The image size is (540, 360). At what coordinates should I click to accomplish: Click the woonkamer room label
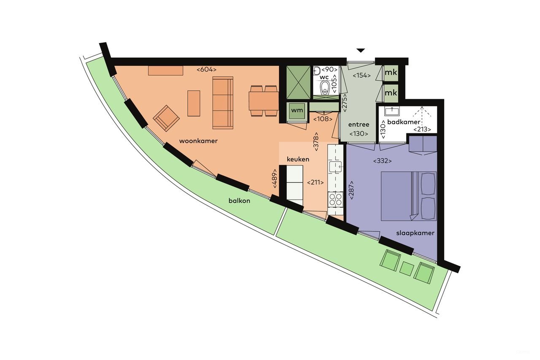pos(198,141)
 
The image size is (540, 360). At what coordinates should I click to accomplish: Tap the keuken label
pos(298,160)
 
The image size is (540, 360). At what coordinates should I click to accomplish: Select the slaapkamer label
pos(415,233)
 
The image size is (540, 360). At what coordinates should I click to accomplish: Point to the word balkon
pos(239,201)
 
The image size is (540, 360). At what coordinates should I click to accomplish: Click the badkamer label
pos(404,122)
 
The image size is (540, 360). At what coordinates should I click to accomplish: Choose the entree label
pos(359,125)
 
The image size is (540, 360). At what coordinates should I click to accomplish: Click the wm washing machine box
pos(297,111)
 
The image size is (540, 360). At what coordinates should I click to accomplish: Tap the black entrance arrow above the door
pos(360,50)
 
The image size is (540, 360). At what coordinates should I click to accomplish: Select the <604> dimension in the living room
pos(206,70)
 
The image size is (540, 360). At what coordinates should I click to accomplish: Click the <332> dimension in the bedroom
pos(382,161)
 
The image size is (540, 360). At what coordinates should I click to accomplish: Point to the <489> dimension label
pos(275,179)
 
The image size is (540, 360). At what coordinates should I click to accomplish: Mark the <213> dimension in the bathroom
pos(422,130)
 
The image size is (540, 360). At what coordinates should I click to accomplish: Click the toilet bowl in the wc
pos(325,88)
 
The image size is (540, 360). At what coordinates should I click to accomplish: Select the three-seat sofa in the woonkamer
pos(222,103)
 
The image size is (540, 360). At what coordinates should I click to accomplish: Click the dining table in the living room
pos(263,101)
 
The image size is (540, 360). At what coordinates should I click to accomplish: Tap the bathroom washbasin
pos(392,111)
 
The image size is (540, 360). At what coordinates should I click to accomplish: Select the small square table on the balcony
pos(406,269)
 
